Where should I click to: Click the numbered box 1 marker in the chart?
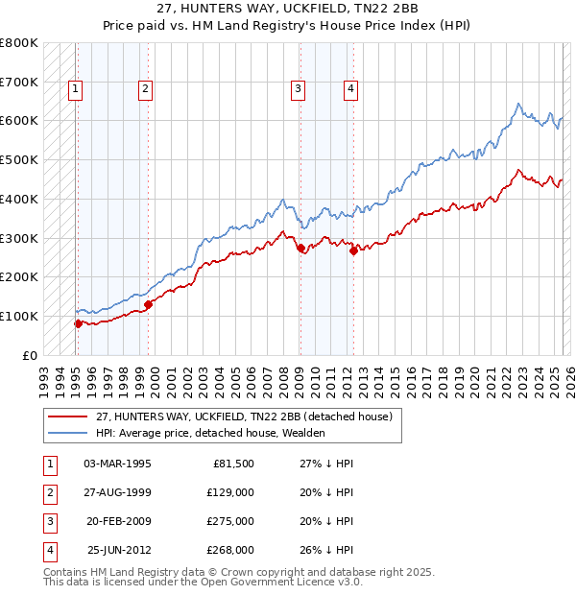click(x=75, y=90)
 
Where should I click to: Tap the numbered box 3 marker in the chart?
click(x=299, y=90)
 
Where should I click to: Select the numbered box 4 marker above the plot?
click(x=351, y=90)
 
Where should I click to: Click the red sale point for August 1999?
click(x=148, y=305)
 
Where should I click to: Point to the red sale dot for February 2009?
click(x=300, y=248)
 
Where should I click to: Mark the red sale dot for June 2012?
click(x=353, y=251)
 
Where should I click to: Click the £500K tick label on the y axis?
click(x=18, y=159)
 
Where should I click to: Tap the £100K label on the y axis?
click(x=18, y=316)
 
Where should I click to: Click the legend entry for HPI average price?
click(x=210, y=434)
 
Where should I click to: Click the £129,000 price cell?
click(x=230, y=492)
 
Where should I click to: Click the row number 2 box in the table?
click(x=48, y=492)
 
